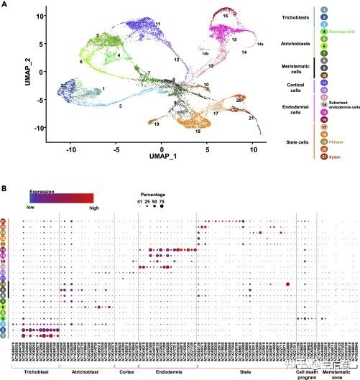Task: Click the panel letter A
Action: (x=4, y=5)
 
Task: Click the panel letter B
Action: (x=4, y=187)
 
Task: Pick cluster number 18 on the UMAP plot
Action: (x=198, y=131)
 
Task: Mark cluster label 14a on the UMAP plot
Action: (x=260, y=45)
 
